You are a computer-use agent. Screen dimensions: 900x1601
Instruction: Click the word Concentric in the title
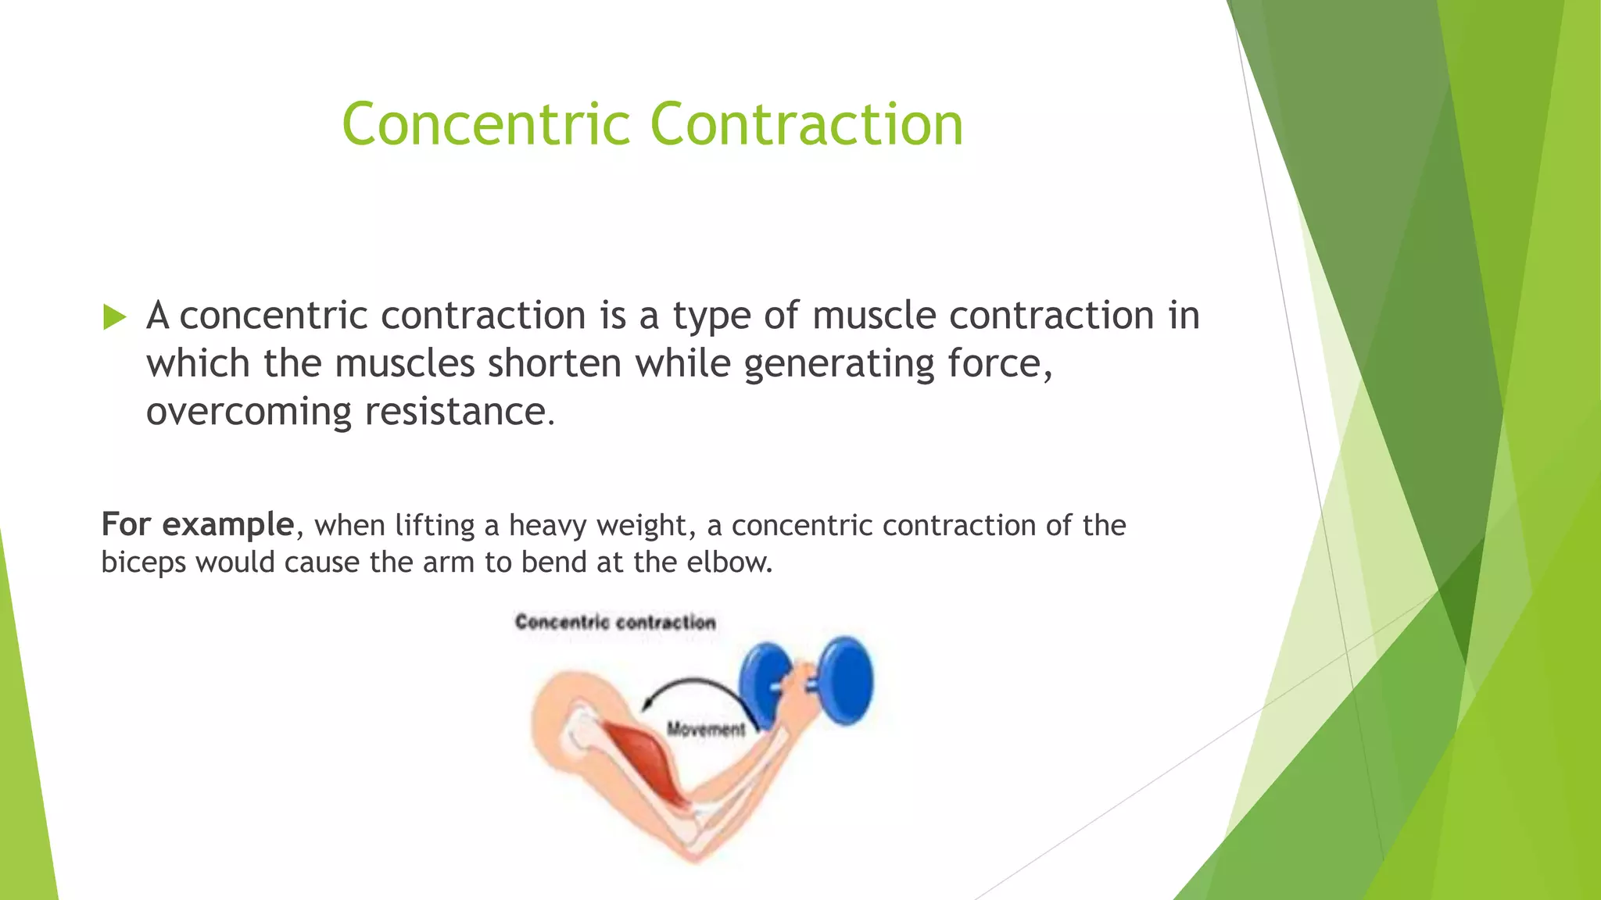485,125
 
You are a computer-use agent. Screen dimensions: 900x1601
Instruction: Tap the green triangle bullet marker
114,317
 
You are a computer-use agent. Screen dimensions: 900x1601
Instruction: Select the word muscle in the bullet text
874,316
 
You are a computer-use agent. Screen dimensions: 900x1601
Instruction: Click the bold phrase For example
198,524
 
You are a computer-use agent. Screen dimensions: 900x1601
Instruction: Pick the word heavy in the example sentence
548,526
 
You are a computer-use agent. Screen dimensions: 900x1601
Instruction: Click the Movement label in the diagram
705,730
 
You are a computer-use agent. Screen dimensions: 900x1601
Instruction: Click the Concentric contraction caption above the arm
615,623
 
